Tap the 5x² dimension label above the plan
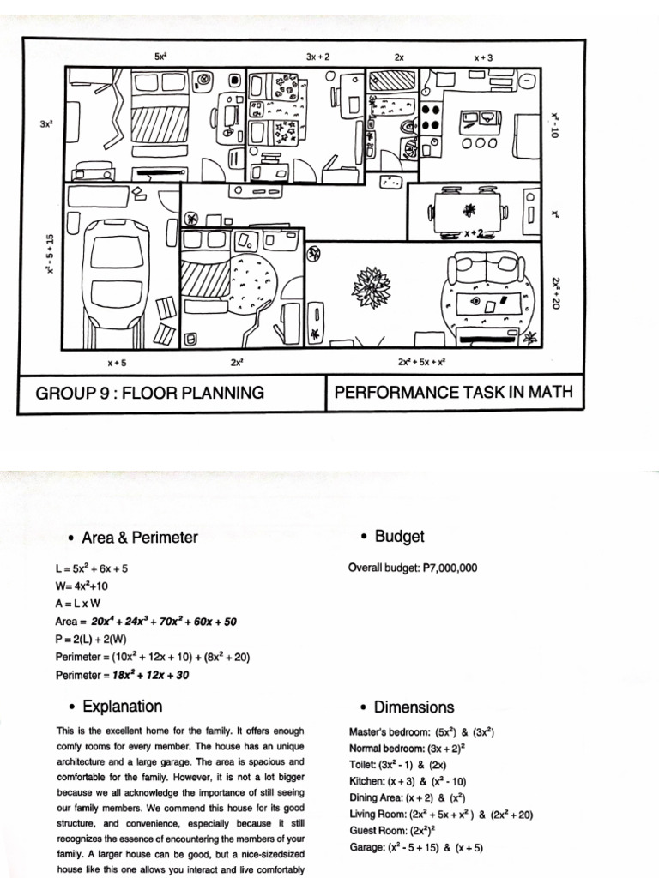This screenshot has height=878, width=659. coord(160,56)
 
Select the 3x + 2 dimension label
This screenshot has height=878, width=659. coord(317,57)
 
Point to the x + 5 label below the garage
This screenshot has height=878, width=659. coord(117,363)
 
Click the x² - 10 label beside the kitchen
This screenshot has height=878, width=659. coord(555,125)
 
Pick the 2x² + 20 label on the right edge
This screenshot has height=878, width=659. coord(555,293)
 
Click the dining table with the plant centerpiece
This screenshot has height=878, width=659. coord(468,211)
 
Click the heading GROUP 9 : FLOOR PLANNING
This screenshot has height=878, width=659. coord(149,393)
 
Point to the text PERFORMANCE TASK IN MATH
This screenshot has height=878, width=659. coord(453,391)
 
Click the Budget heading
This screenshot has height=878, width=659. coord(399,537)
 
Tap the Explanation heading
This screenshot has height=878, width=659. coord(122,707)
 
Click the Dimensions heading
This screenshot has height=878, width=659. coord(414,707)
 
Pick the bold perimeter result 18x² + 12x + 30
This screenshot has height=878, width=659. coord(151,675)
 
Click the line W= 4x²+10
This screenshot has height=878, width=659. coord(82,586)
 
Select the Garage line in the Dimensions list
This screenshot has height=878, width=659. coord(416,847)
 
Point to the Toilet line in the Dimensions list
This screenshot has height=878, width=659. coord(398,765)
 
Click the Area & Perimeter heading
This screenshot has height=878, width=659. coord(140,538)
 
